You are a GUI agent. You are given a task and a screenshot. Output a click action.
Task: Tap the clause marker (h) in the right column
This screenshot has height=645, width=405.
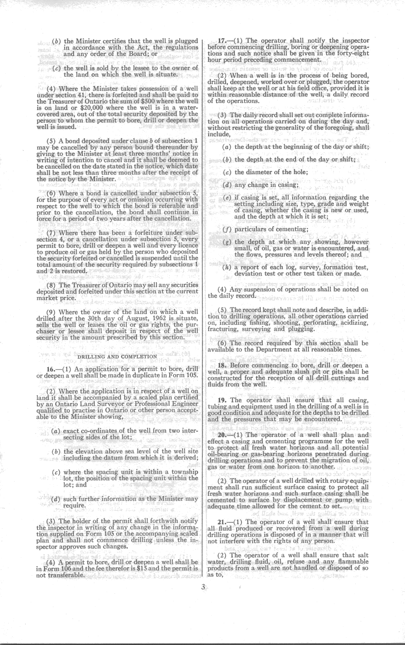[227, 267]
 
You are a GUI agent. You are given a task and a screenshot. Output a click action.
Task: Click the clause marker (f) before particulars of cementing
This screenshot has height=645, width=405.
[227, 229]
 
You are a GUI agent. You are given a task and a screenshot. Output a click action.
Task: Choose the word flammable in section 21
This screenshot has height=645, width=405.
[353, 561]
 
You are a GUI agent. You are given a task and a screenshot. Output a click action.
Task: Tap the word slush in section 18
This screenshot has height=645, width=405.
[300, 372]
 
